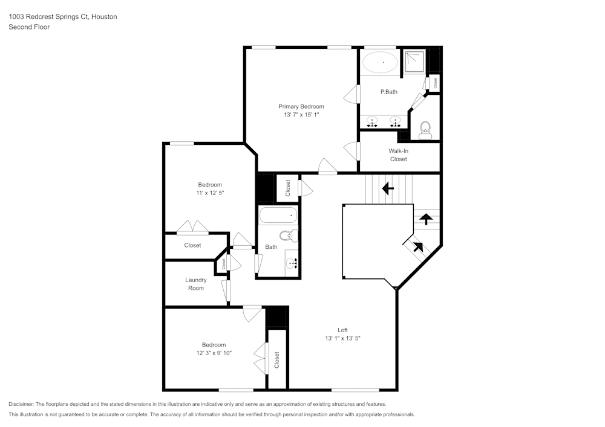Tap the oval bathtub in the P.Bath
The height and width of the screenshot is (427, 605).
[380, 62]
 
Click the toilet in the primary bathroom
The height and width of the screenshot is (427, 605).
[425, 129]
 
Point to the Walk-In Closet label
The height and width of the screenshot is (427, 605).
[398, 155]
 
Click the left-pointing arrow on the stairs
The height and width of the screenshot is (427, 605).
[388, 188]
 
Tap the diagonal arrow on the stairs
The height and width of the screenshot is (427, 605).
[416, 246]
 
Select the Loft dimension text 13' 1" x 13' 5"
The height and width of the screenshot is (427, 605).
[342, 339]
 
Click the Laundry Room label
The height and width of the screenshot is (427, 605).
[195, 284]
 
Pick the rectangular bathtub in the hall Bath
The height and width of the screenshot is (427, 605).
[278, 215]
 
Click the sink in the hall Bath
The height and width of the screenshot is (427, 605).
[292, 262]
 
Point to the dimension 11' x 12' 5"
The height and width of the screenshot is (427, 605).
[210, 193]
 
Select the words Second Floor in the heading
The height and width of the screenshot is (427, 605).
[29, 27]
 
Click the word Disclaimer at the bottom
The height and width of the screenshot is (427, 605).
[22, 404]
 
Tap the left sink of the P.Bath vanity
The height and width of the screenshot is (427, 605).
[372, 121]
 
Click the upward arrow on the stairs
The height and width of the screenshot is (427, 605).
[426, 218]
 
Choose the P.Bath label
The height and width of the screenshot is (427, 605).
[388, 92]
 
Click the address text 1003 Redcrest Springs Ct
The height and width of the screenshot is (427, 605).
[48, 17]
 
